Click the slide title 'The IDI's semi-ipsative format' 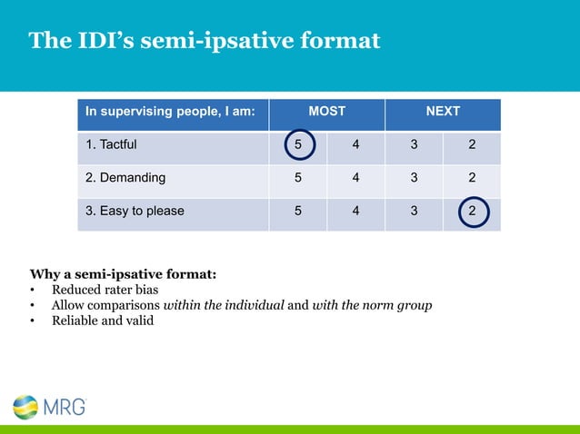point(204,41)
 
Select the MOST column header point(326,112)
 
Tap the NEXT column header point(443,112)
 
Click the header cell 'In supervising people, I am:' point(170,112)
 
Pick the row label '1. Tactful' point(112,143)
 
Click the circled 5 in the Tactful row point(298,143)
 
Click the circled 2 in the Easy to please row point(472,212)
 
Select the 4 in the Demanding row point(355,177)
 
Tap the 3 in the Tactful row point(414,143)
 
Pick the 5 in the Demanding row point(298,177)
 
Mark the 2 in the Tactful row point(472,143)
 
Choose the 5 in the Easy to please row point(298,212)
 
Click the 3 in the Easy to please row point(414,212)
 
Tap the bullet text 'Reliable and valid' point(103,320)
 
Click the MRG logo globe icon point(25,408)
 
